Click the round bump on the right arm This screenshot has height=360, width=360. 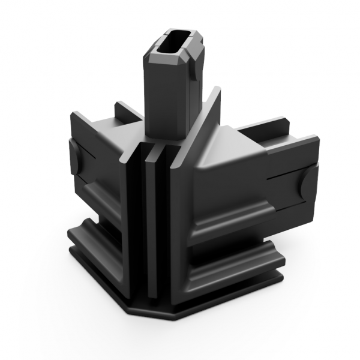pyautogui.click(x=308, y=184)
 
